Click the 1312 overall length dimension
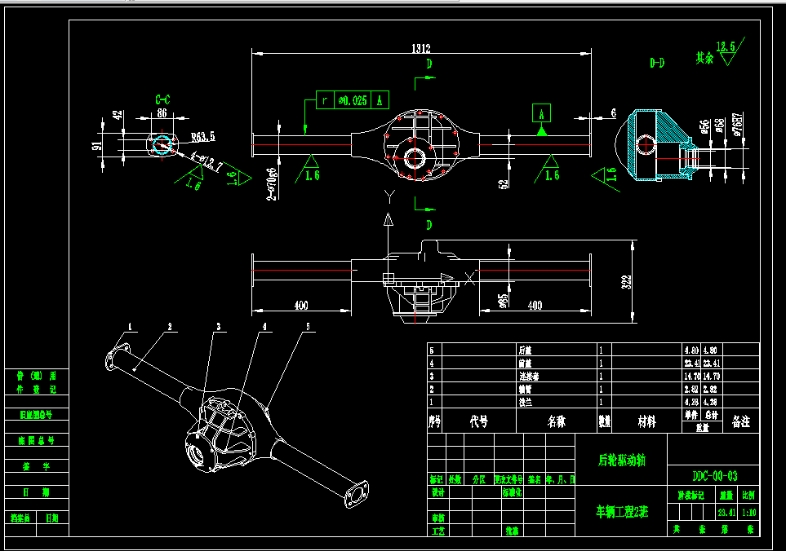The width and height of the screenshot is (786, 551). pos(421,49)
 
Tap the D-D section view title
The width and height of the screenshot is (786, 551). pos(657,63)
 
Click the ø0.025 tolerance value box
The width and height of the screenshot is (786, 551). pos(353,100)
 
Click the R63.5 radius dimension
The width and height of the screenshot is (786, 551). pos(202,138)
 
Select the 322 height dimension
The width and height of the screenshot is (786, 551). pos(626,281)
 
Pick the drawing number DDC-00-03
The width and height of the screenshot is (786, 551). pos(714,476)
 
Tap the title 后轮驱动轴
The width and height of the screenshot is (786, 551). pos(622,461)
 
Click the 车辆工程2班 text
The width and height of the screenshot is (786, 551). pos(622,512)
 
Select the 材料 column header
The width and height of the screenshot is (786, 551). pos(646,422)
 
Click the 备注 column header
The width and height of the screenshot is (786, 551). pos(741,422)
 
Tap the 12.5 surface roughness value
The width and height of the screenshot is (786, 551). pos(725,46)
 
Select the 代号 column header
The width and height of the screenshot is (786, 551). pos(479,422)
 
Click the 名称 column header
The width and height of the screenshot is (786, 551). pos(557,422)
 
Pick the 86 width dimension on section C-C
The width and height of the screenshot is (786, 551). pos(162,113)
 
